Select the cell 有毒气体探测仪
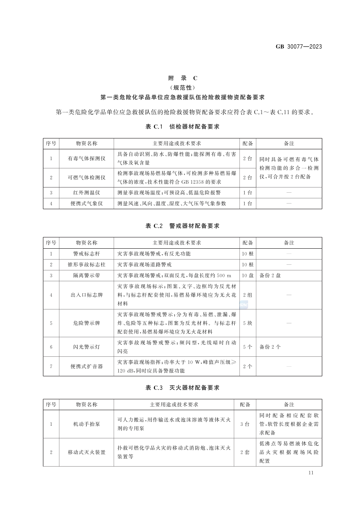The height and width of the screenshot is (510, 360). point(87,158)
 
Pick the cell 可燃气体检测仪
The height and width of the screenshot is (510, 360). point(87,178)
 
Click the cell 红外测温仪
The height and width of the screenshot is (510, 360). point(87,192)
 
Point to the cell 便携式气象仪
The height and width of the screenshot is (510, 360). point(87,203)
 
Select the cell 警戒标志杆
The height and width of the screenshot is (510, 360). point(87,253)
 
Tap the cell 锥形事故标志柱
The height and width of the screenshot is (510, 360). point(87,264)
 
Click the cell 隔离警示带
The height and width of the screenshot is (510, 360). point(87,275)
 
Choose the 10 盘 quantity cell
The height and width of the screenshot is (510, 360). point(248,275)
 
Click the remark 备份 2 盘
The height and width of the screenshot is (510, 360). point(270,275)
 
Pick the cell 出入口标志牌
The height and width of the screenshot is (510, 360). point(87,295)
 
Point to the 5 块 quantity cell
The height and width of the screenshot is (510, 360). point(248,323)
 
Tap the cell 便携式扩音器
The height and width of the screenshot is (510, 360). point(87,366)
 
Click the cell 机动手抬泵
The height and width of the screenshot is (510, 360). point(87,424)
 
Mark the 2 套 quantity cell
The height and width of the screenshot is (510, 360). point(245,452)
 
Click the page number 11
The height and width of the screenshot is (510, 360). point(311,473)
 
